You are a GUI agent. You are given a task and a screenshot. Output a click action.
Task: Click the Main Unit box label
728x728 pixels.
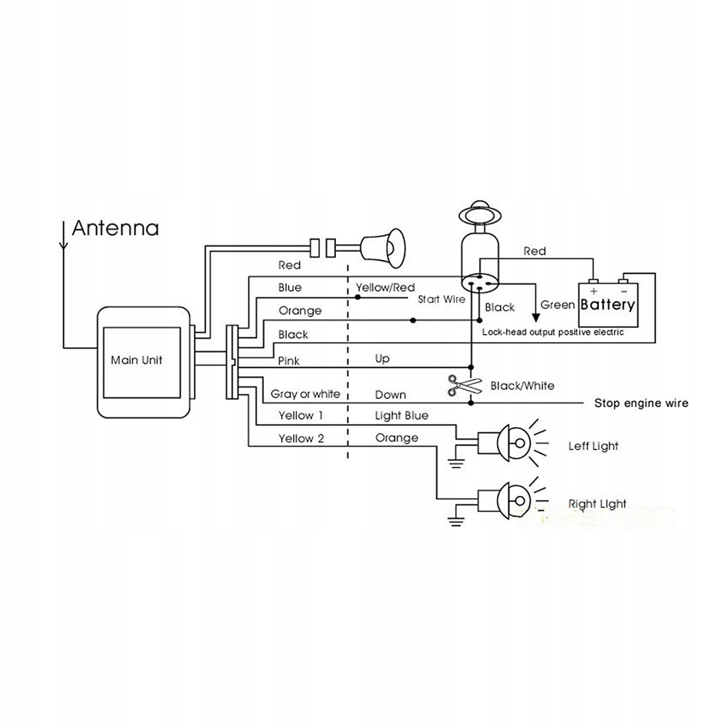point(136,360)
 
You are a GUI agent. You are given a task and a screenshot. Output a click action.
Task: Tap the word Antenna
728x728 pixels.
point(115,228)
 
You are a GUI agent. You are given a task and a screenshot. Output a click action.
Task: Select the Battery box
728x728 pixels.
point(608,305)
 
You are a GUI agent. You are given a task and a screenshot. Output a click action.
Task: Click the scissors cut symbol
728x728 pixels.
point(464,386)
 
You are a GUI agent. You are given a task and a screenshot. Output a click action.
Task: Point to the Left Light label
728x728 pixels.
point(593,446)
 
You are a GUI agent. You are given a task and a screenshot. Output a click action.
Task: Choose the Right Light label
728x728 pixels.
point(597,504)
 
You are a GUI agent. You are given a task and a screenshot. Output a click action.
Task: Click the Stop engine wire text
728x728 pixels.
point(641,403)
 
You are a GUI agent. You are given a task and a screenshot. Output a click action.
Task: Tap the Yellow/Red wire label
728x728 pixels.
point(385,287)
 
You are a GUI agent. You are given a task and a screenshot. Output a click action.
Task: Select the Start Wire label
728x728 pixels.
point(442,299)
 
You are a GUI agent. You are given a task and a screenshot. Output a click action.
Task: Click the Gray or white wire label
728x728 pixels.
point(305,394)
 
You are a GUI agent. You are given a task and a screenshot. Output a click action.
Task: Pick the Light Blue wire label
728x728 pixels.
point(402,416)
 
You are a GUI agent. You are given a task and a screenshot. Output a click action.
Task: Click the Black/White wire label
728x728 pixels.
point(522,386)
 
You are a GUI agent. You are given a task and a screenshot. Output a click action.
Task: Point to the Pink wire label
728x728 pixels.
point(289,361)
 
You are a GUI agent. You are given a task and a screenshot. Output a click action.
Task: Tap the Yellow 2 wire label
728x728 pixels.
point(301,439)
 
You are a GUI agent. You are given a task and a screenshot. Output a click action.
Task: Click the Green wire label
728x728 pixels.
point(557,305)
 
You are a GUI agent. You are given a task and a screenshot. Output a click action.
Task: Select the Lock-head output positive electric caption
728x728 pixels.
point(552,332)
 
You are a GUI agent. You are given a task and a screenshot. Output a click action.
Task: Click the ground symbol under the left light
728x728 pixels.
point(456,463)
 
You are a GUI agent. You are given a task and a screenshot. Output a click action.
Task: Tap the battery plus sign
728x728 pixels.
point(593,291)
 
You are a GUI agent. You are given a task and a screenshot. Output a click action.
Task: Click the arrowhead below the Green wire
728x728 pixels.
point(536,317)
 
